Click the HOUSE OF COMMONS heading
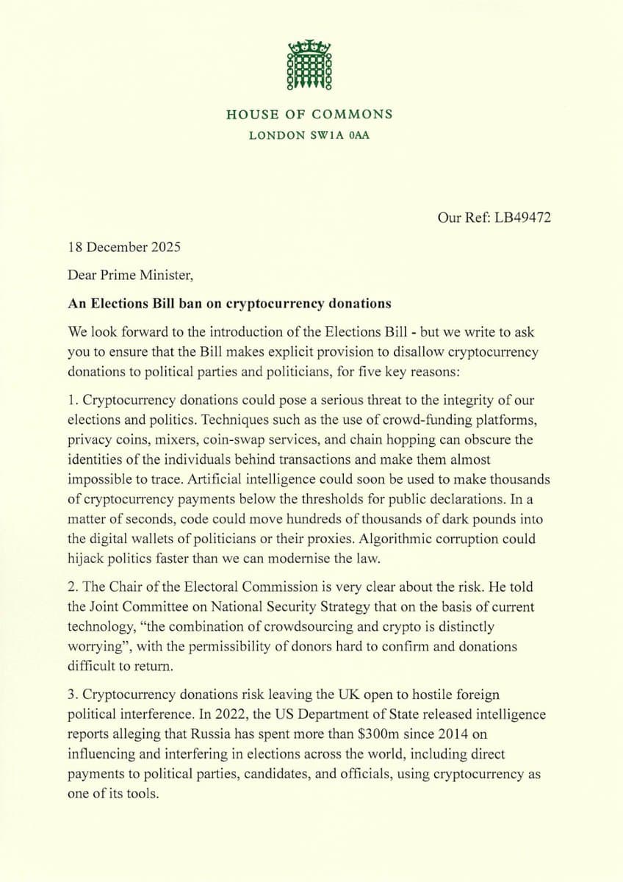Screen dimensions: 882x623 click(309, 114)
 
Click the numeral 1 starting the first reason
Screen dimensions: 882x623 click(71, 401)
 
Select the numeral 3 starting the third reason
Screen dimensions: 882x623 click(71, 694)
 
